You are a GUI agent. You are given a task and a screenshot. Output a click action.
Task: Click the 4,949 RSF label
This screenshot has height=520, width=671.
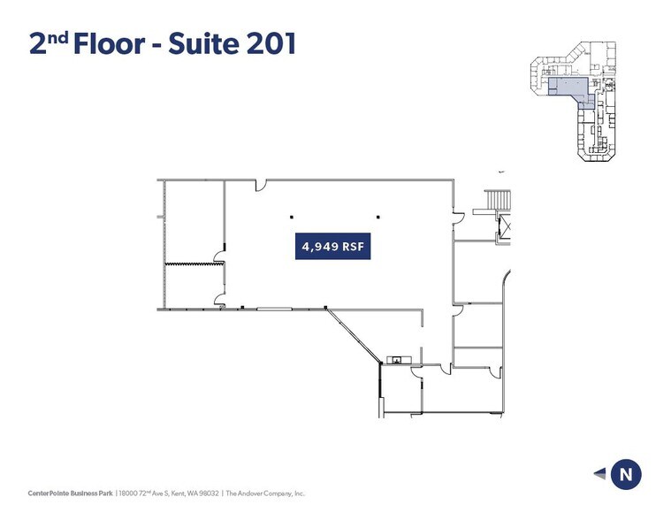tap(332, 248)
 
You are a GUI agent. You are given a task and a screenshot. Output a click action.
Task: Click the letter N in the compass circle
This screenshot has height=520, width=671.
tap(626, 474)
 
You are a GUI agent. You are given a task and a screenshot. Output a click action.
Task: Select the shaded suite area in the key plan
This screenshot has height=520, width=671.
tap(567, 87)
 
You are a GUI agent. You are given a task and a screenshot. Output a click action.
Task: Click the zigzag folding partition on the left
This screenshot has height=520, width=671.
tap(194, 264)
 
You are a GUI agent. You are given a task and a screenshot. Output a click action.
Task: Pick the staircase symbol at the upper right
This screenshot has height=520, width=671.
tap(496, 202)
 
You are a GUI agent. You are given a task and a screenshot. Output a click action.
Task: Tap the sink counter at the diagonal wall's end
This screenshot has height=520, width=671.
tap(398, 359)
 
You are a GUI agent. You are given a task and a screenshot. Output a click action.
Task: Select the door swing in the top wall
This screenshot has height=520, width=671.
tap(261, 185)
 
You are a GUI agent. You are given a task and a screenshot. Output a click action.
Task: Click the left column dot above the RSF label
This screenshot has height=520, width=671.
tap(290, 216)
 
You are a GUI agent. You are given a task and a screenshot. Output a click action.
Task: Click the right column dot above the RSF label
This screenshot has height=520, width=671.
tap(377, 216)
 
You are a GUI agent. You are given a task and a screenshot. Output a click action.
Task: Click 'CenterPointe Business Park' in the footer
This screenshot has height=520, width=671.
tap(70, 493)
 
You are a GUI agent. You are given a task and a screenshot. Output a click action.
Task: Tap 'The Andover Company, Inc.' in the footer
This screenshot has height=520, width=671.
tap(264, 493)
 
